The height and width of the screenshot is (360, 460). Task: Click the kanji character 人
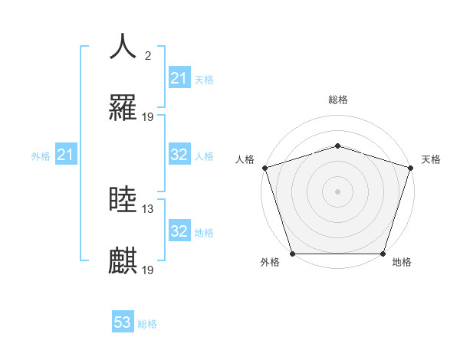123,46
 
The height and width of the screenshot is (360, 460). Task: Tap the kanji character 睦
123,200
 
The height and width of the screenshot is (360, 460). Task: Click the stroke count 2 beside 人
148,55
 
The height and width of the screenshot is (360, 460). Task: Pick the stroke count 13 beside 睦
148,208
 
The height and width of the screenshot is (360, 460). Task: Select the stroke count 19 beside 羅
148,117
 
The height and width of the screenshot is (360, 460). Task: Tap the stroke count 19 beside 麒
148,270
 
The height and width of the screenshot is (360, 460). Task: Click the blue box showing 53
123,322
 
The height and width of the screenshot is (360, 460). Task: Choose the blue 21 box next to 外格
66,155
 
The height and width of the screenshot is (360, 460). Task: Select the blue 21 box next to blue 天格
179,78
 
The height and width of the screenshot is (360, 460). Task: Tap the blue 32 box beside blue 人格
179,155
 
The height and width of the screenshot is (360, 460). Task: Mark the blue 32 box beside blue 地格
179,231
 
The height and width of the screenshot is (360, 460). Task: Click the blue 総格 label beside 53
147,324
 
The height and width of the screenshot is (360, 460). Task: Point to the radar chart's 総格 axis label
337,100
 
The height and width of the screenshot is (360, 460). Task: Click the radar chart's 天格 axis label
432,159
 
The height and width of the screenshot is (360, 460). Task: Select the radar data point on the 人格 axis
264,168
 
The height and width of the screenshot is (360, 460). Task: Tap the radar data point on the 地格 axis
383,254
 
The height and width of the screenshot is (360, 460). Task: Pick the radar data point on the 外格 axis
292,254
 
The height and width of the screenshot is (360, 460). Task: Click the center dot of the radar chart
337,191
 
